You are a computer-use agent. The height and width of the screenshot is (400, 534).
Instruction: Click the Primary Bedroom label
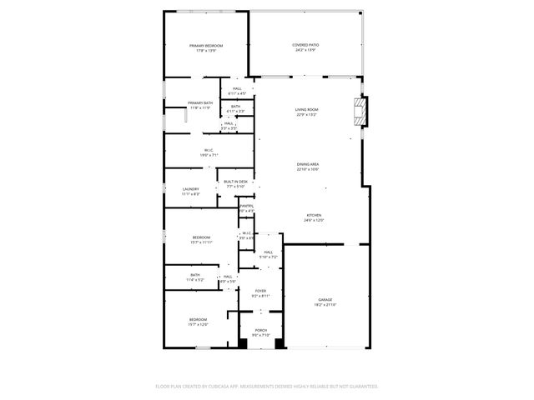click(x=206, y=46)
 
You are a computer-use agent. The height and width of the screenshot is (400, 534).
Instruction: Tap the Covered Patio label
click(x=306, y=45)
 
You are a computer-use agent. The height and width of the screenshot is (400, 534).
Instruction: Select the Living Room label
click(x=306, y=110)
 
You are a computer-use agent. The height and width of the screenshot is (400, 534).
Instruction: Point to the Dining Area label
click(x=308, y=164)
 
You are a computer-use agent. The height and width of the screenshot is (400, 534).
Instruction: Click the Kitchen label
click(x=313, y=215)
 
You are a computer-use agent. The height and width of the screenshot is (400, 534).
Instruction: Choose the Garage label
click(x=325, y=299)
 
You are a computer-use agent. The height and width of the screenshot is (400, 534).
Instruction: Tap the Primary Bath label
click(x=200, y=102)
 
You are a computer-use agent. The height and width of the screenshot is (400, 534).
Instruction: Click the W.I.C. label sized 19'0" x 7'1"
click(x=209, y=150)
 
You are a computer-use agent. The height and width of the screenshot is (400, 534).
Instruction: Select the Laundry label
click(x=191, y=189)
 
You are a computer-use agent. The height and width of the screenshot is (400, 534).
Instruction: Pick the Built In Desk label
click(x=235, y=182)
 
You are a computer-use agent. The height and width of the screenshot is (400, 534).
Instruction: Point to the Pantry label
click(x=247, y=206)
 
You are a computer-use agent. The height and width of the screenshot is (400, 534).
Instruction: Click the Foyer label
click(x=260, y=291)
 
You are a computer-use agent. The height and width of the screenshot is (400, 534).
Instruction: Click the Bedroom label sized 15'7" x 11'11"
click(x=201, y=237)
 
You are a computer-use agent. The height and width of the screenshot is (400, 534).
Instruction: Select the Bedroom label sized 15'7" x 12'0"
click(x=198, y=319)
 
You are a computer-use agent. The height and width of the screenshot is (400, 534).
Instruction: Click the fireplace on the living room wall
click(x=360, y=112)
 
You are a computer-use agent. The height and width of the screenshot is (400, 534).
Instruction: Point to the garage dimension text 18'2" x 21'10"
click(x=325, y=304)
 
